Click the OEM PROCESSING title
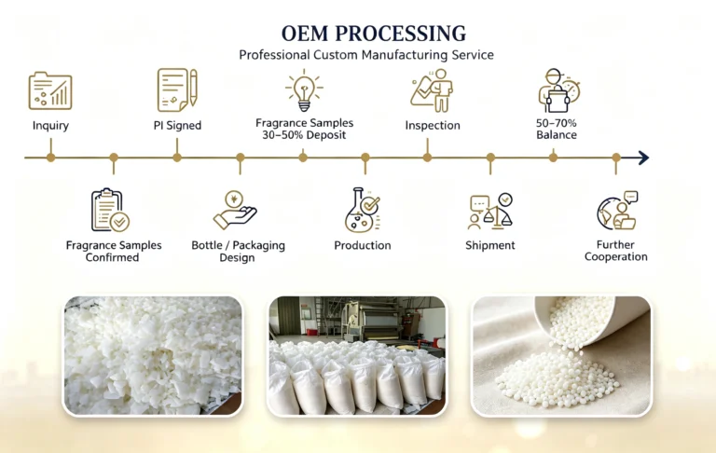coord(374,34)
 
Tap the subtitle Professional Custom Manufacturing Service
coord(366,55)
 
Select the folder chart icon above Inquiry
coord(50,90)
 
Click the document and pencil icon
coord(177,90)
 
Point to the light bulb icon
coord(304,90)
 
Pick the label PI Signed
coord(177,126)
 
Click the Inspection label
coord(433,126)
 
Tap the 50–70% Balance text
coord(557,129)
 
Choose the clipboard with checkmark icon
coord(111,210)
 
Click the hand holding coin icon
coord(235,210)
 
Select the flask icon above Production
coord(363,210)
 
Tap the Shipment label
coord(490,246)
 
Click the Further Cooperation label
coord(615,251)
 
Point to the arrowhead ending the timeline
coord(643,158)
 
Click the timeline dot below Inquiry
coord(50,158)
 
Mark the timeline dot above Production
coord(365,158)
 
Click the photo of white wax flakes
coord(153,356)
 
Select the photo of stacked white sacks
coord(357,356)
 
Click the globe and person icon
coord(617,211)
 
